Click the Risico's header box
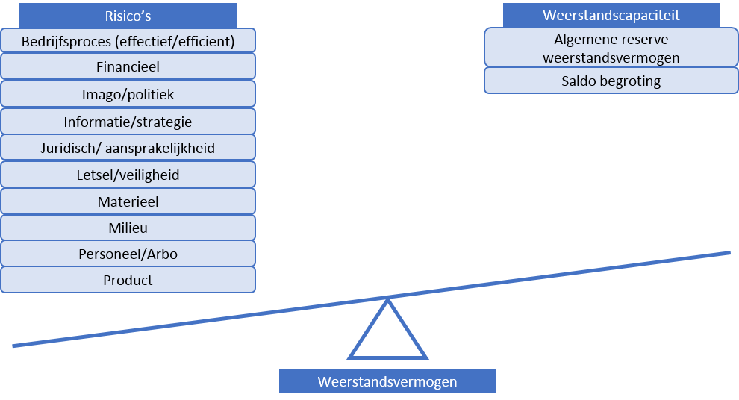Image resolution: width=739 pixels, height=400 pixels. [x=128, y=16]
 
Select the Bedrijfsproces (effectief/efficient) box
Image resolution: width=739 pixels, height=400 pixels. [x=128, y=40]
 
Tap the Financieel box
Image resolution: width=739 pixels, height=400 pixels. [x=128, y=66]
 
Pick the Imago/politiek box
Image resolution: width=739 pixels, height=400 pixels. [x=128, y=94]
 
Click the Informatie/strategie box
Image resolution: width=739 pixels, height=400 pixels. [x=128, y=122]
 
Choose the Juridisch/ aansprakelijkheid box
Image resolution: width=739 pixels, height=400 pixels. [x=128, y=148]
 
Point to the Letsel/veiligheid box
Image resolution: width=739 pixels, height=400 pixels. [x=128, y=175]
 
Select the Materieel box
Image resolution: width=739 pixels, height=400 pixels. [x=128, y=201]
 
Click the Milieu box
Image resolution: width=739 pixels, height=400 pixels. [x=128, y=228]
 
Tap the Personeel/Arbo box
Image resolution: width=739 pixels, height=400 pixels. [x=128, y=254]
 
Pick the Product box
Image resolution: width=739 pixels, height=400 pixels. [x=128, y=280]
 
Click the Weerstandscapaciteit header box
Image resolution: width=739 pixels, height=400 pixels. [x=611, y=15]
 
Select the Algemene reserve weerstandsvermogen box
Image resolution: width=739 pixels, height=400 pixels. [x=611, y=48]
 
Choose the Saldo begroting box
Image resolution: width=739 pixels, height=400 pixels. [x=611, y=81]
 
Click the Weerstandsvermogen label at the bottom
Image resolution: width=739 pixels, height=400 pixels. [x=387, y=381]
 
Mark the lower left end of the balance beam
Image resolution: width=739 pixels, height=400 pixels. [x=13, y=346]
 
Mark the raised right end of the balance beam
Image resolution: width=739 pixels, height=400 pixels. [x=729, y=253]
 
